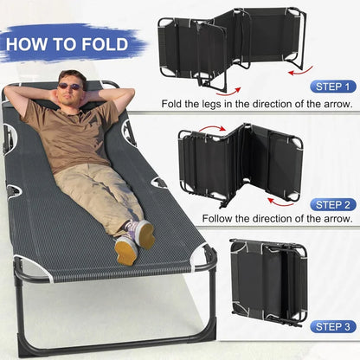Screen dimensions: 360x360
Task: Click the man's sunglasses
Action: (69, 86)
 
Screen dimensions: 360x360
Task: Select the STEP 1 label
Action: (332, 87)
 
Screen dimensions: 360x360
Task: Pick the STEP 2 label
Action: (332, 205)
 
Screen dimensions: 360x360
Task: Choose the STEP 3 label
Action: (332, 326)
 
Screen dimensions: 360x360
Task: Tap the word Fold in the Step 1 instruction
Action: (176, 104)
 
